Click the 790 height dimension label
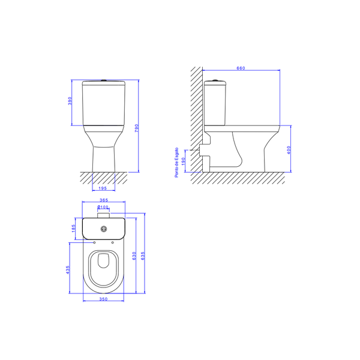pyautogui.click(x=137, y=128)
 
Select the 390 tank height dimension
pyautogui.click(x=70, y=101)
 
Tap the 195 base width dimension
pyautogui.click(x=103, y=188)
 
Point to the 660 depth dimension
pyautogui.click(x=241, y=68)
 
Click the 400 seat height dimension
pyautogui.click(x=289, y=150)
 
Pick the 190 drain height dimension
pyautogui.click(x=183, y=161)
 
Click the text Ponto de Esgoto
pyautogui.click(x=176, y=163)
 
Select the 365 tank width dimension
pyautogui.click(x=104, y=200)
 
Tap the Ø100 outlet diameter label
pyautogui.click(x=103, y=207)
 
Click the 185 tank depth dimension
pyautogui.click(x=73, y=229)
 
